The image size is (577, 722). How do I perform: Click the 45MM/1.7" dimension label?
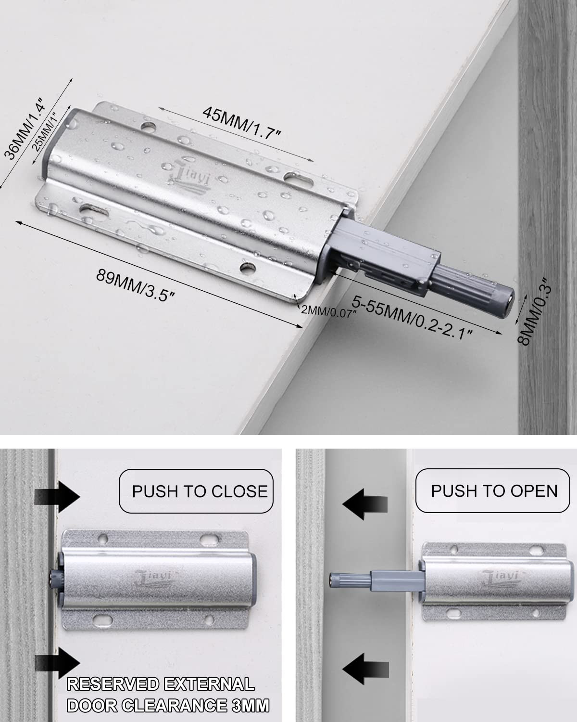click(241, 123)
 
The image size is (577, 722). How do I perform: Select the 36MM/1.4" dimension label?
click(24, 129)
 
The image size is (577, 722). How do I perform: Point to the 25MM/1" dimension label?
click(46, 131)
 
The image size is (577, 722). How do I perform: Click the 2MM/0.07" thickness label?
click(328, 312)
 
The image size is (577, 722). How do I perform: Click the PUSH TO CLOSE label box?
click(196, 491)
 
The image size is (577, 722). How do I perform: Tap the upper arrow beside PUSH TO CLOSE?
click(57, 497)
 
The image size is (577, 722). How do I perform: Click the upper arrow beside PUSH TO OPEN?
click(365, 504)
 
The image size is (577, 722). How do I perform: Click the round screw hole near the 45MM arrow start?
click(149, 127)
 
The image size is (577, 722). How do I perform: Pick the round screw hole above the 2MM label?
click(248, 267)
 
